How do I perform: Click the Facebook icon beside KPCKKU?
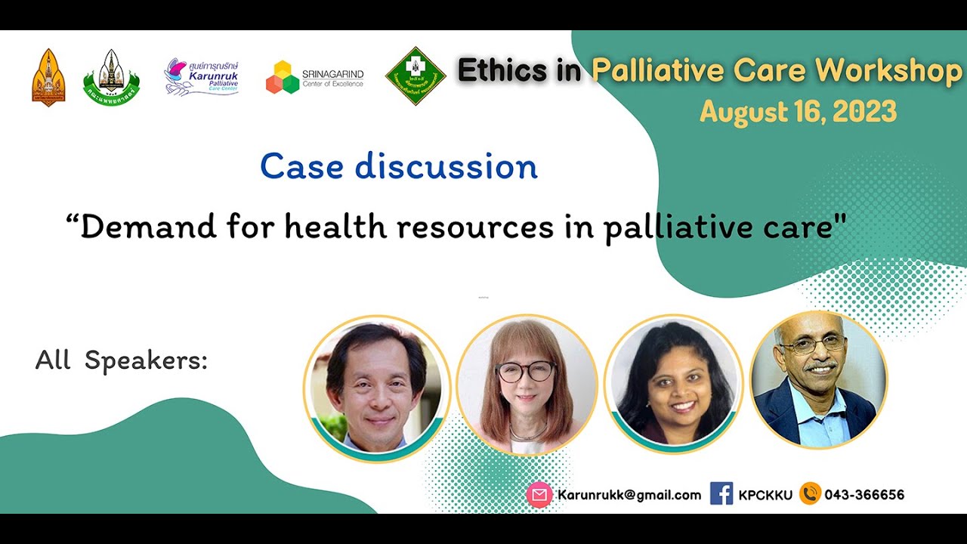[721, 494]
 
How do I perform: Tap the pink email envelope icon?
[539, 495]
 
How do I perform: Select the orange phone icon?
[810, 494]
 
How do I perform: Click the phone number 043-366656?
[864, 495]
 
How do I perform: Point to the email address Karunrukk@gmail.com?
[629, 495]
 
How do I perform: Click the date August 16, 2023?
[798, 112]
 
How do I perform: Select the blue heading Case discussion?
[399, 167]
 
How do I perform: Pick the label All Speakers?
[121, 360]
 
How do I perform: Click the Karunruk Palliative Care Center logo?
[202, 77]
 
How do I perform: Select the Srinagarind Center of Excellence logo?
[314, 77]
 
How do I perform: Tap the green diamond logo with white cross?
[416, 76]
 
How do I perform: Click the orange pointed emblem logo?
[48, 77]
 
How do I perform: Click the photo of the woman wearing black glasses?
[527, 386]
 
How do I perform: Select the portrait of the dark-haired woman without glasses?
[673, 386]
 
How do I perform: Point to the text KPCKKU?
[765, 495]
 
